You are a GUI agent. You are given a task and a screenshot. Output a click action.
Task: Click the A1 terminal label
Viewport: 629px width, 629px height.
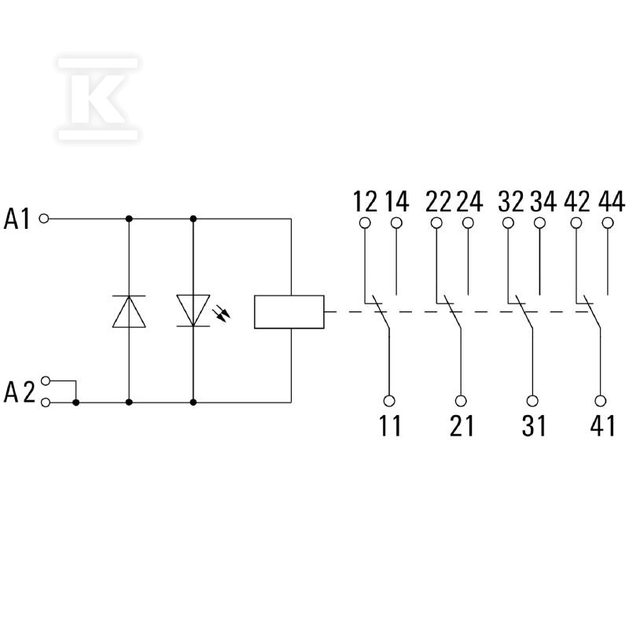tap(17, 219)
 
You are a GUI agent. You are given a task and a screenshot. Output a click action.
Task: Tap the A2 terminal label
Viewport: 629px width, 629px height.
tap(19, 392)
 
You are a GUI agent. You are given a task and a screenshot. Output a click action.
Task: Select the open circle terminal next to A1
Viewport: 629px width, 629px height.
tap(44, 219)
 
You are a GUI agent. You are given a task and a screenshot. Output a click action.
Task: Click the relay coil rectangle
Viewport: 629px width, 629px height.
tap(289, 312)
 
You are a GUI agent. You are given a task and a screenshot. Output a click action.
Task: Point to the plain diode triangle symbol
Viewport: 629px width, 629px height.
tap(129, 311)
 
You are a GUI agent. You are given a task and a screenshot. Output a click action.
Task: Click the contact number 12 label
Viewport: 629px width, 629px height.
tap(365, 201)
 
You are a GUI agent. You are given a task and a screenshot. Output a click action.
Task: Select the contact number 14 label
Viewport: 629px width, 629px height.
tap(397, 201)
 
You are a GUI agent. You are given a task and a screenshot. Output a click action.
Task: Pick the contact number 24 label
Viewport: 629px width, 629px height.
tap(469, 201)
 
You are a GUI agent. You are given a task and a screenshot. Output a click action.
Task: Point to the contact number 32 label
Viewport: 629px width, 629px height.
tap(511, 201)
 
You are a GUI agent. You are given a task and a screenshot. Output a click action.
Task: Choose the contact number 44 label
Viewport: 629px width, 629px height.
tap(612, 201)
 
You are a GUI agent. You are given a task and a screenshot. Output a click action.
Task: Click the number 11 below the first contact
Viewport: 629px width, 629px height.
tap(390, 425)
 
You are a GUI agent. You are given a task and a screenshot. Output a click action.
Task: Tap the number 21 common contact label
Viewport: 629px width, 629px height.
tap(462, 425)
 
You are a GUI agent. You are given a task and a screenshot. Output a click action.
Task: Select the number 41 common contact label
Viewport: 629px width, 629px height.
tap(602, 425)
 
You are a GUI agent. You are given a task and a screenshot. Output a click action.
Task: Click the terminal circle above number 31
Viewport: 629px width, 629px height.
tap(532, 401)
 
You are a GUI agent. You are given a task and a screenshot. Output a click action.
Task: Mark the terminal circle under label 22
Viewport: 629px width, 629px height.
tap(436, 223)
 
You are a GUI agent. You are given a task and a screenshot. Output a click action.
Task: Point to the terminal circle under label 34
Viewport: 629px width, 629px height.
tap(540, 223)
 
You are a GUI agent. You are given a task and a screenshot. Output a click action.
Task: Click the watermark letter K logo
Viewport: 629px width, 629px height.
tap(98, 99)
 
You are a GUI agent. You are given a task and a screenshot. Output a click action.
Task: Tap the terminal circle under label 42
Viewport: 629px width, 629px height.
tap(576, 223)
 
